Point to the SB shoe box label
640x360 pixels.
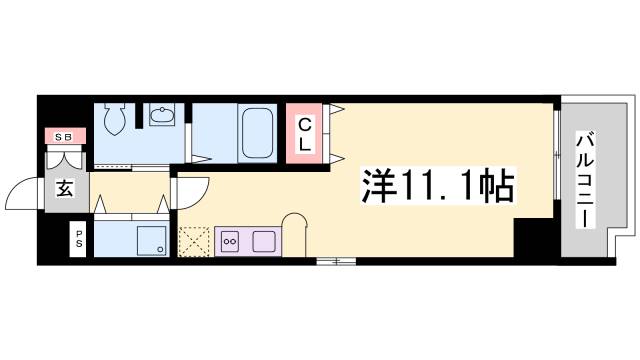[62, 136]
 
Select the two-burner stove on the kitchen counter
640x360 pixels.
[230, 240]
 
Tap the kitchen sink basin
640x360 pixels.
[264, 240]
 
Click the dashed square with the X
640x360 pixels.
[192, 241]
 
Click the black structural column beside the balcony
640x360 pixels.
[531, 238]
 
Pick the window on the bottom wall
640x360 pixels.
[336, 261]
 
